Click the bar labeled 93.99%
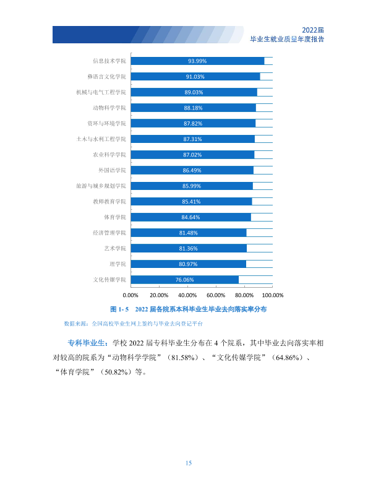pyautogui.click(x=197, y=61)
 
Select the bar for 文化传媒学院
pyautogui.click(x=185, y=280)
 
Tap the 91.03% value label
pyautogui.click(x=195, y=77)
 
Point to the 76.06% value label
pyautogui.click(x=185, y=280)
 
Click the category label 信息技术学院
pyautogui.click(x=109, y=61)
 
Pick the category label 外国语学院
pyautogui.click(x=112, y=170)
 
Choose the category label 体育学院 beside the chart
pyautogui.click(x=115, y=217)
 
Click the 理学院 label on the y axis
pyautogui.click(x=118, y=264)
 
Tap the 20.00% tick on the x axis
pyautogui.click(x=159, y=295)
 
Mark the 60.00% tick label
pyautogui.click(x=216, y=295)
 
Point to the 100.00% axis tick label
pyautogui.click(x=273, y=295)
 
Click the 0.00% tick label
pyautogui.click(x=131, y=295)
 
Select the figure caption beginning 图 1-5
pyautogui.click(x=189, y=309)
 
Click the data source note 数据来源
pyautogui.click(x=133, y=324)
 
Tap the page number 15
pyautogui.click(x=189, y=463)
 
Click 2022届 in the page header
pyautogui.click(x=313, y=30)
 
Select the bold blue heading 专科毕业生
pyautogui.click(x=86, y=343)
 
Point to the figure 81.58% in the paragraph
pyautogui.click(x=183, y=358)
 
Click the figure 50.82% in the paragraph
pyautogui.click(x=117, y=372)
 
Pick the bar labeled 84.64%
pyautogui.click(x=191, y=217)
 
